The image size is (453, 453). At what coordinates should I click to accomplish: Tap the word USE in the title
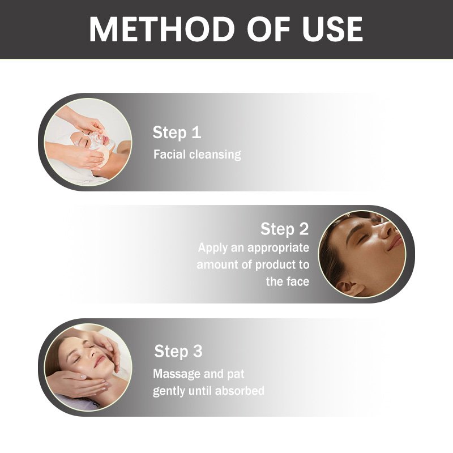[326, 29]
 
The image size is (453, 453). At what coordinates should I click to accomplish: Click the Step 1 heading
[177, 133]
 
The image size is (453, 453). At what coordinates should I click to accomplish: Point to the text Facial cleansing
[197, 155]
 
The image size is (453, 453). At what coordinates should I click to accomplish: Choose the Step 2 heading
[284, 229]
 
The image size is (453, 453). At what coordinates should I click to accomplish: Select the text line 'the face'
[288, 281]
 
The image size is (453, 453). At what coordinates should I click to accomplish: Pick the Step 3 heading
[178, 351]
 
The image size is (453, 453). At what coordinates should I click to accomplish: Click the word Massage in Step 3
[177, 374]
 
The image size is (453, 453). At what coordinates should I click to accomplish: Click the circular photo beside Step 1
[88, 142]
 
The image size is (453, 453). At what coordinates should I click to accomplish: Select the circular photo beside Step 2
[362, 254]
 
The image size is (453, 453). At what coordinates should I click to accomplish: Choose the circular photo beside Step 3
[88, 367]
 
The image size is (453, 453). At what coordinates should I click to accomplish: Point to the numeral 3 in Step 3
[196, 351]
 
